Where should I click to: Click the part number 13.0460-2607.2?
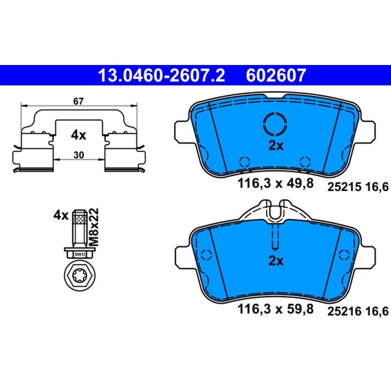pyautogui.click(x=162, y=75)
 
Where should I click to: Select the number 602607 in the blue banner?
pyautogui.click(x=276, y=75)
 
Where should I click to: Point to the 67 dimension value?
pyautogui.click(x=79, y=102)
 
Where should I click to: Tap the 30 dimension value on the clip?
pyautogui.click(x=79, y=155)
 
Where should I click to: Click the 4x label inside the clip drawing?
pyautogui.click(x=79, y=135)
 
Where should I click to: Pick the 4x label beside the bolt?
pyautogui.click(x=61, y=215)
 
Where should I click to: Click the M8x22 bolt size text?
pyautogui.click(x=94, y=227)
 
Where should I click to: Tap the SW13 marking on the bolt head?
pyautogui.click(x=80, y=254)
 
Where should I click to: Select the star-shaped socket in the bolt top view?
pyautogui.click(x=80, y=275)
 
